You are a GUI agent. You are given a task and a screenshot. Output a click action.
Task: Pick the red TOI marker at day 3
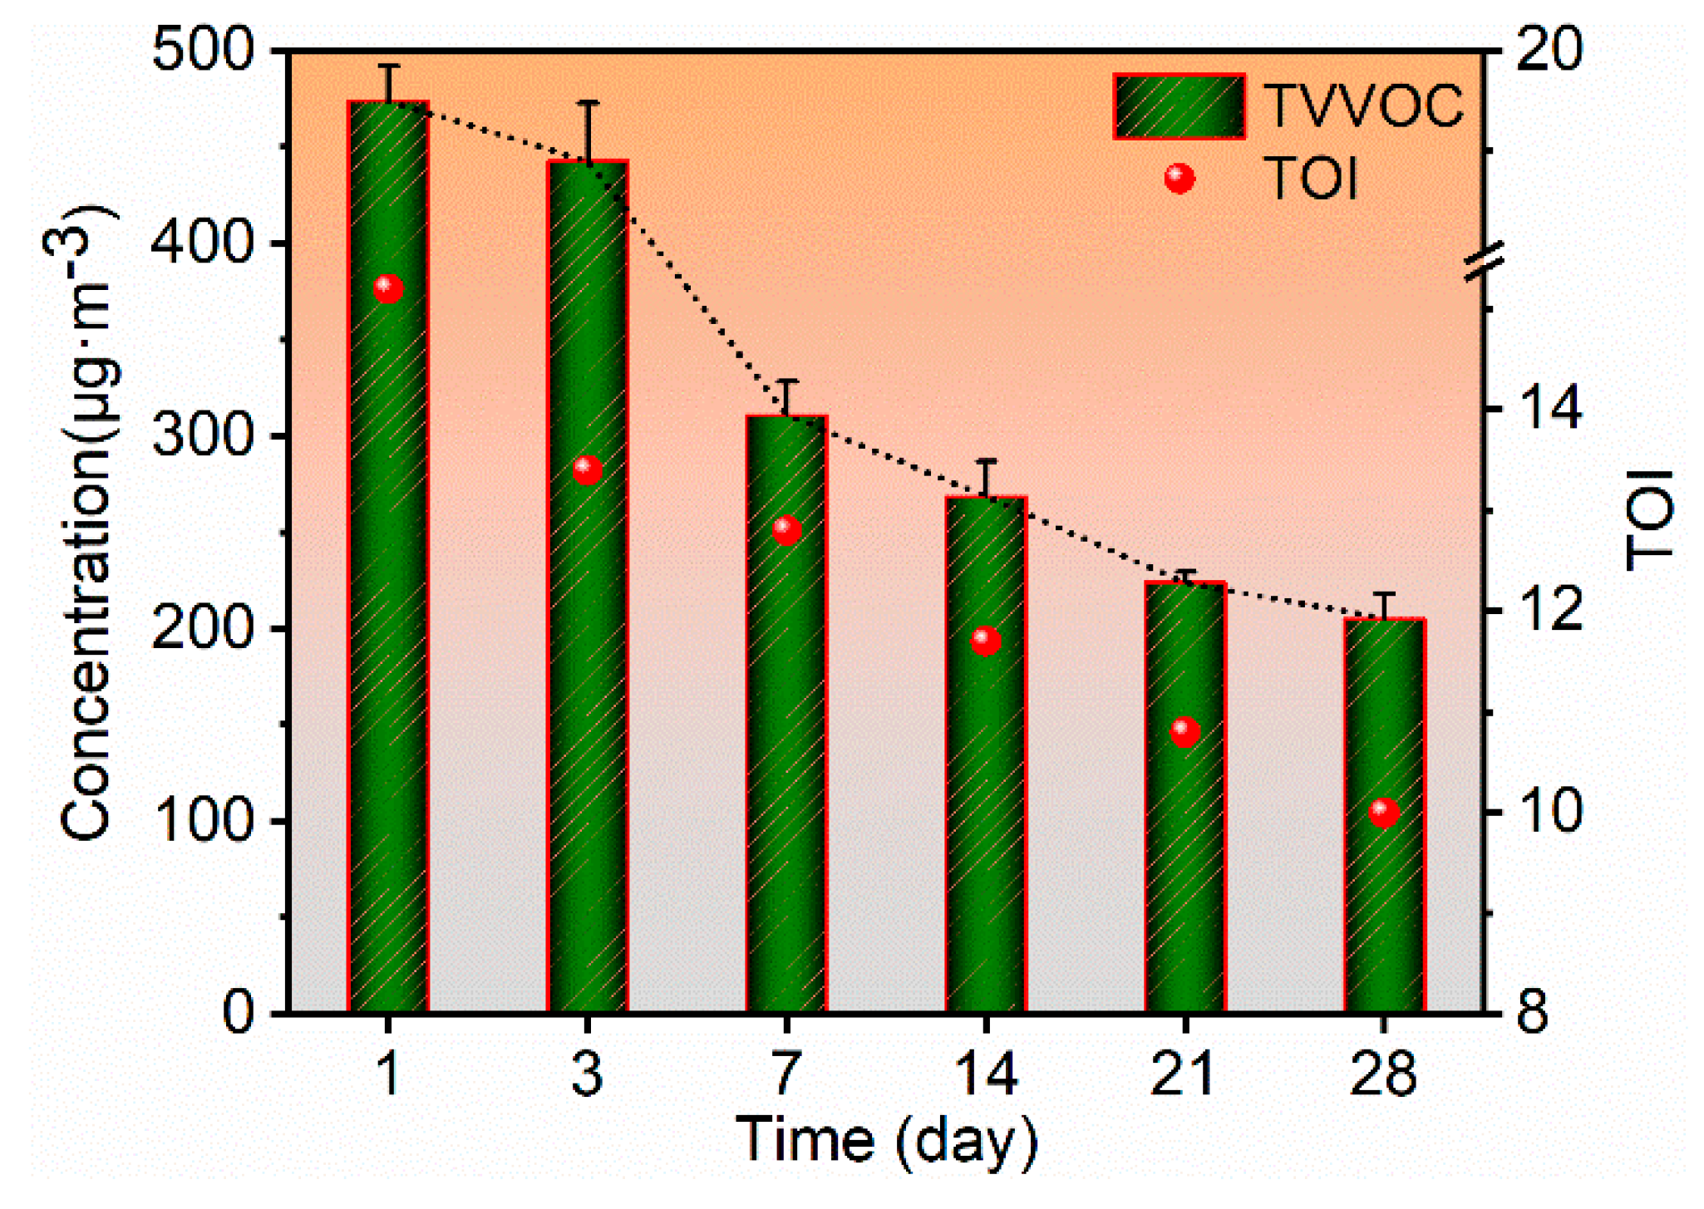point(588,470)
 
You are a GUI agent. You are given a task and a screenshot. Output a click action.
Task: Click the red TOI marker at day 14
point(986,641)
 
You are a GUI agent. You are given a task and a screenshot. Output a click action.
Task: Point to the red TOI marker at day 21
point(1185,731)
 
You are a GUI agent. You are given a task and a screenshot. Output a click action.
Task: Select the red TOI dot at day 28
point(1384,812)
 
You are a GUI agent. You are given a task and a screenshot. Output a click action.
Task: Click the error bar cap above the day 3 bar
point(588,102)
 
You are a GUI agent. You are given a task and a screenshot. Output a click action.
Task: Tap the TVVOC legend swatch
point(1179,106)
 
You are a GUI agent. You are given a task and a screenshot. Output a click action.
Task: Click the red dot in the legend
point(1180,178)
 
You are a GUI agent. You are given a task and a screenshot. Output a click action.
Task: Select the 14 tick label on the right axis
point(1549,409)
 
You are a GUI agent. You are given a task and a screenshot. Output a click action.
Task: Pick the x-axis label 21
point(1184,1074)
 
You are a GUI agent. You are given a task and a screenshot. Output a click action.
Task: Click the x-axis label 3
point(588,1074)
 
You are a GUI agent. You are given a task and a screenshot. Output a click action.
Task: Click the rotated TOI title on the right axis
point(1650,520)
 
